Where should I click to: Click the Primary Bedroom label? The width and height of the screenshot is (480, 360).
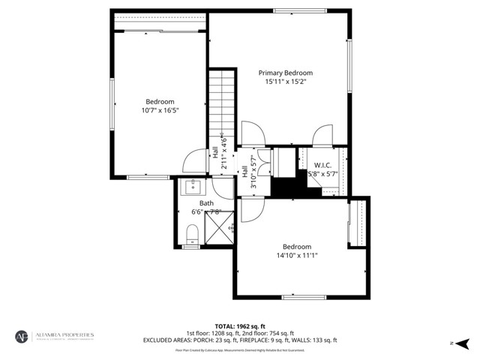click(x=286, y=73)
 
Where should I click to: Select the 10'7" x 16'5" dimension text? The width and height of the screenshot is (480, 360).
click(x=160, y=110)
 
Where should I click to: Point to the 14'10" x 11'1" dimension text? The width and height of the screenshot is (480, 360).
click(x=297, y=255)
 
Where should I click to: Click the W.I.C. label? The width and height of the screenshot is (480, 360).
click(x=323, y=165)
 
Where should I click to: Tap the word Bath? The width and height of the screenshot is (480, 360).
click(x=206, y=203)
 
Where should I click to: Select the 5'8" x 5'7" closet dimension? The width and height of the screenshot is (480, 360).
click(x=323, y=173)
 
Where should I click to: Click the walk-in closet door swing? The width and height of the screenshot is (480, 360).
click(x=322, y=136)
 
